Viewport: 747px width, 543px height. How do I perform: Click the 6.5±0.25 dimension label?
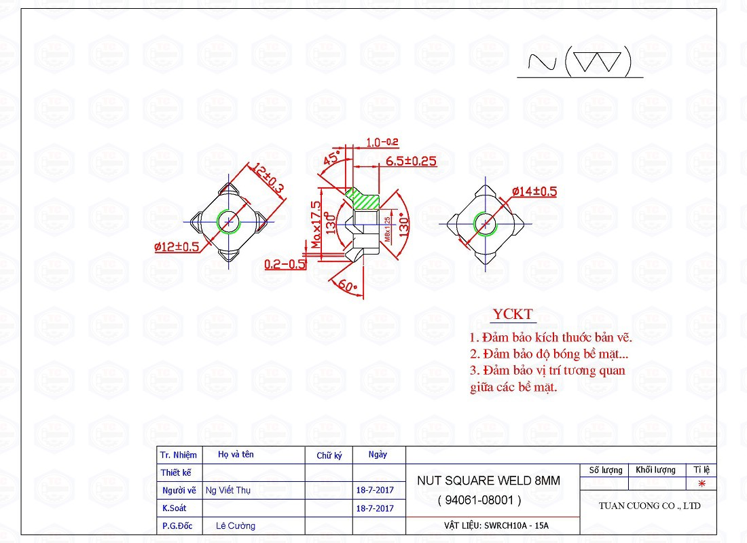411,162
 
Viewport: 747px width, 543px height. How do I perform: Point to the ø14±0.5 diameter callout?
534,191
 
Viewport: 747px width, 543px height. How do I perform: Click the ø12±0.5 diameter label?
177,246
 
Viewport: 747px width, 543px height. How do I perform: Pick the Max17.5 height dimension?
315,225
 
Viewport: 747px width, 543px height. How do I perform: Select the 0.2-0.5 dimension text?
285,264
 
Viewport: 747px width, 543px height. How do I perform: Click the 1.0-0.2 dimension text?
382,143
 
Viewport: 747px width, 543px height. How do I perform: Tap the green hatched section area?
364,199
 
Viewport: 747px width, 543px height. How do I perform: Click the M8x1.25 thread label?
386,229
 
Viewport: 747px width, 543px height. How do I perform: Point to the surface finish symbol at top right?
581,62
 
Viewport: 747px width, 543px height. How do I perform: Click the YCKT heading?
513,314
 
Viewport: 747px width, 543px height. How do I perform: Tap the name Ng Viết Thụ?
228,490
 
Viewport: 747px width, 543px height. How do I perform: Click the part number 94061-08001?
479,500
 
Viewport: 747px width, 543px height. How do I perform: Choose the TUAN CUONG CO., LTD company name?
649,506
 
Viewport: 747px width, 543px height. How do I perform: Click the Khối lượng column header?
655,470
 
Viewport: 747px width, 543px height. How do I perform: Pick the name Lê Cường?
236,525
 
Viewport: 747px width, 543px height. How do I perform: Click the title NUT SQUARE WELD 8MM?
489,481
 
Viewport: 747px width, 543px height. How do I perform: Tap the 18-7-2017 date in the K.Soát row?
375,508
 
